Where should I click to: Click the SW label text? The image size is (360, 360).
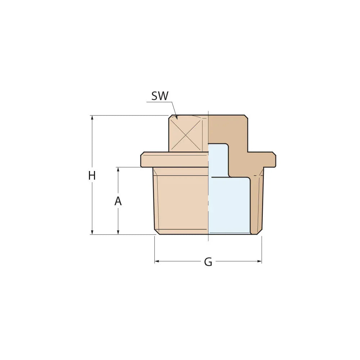[160, 96]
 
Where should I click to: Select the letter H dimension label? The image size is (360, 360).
[92, 176]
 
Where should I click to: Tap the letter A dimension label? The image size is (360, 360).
[118, 202]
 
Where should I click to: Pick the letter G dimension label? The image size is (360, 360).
[208, 262]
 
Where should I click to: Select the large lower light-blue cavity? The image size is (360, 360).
[229, 205]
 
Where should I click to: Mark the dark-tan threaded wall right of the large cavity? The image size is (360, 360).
[256, 205]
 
